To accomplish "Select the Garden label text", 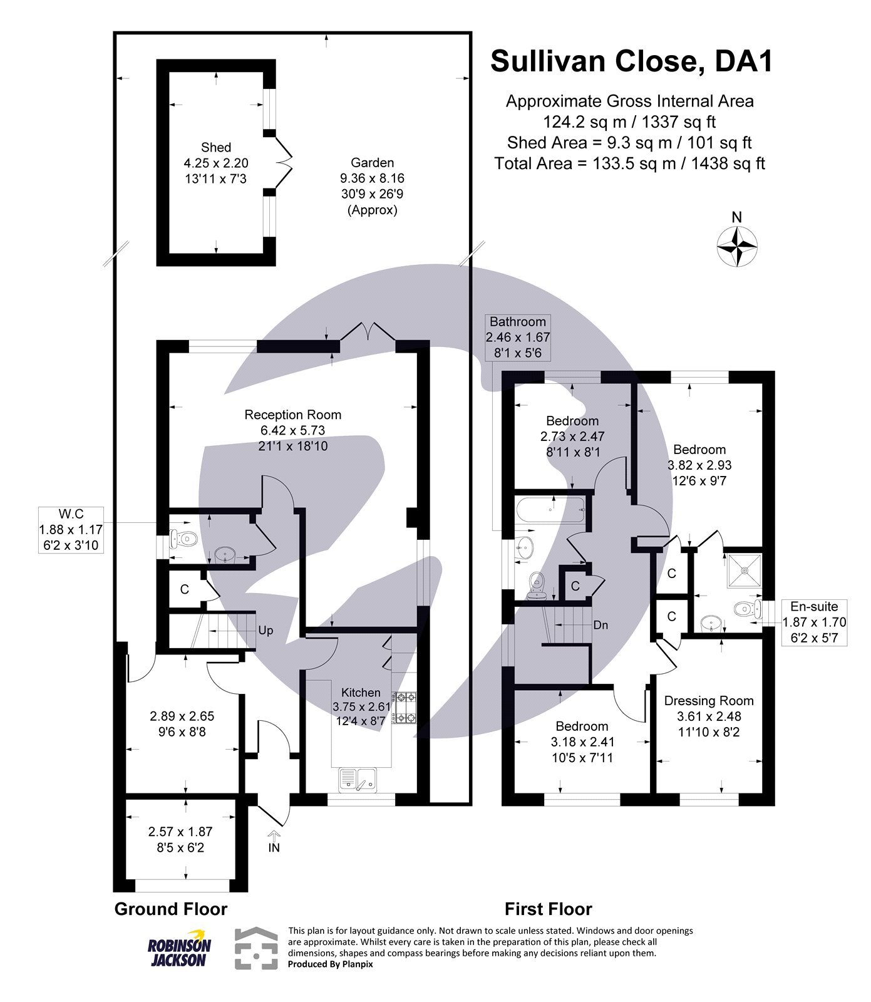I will point(372,163).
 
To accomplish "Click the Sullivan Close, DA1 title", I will point(631,61).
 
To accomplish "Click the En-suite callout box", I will point(815,622).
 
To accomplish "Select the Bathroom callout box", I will point(518,338).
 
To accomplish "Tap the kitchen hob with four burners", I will point(403,706).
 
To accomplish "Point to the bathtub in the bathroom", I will point(550,509).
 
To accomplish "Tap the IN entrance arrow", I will point(274,843).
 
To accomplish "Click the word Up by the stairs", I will point(265,631).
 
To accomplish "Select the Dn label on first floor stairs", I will point(600,625).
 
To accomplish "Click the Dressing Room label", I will point(709,701).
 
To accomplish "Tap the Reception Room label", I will point(293,415).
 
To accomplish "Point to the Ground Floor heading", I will point(170,909).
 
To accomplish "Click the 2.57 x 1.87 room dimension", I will point(180,832).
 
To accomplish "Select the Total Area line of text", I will point(629,164).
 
